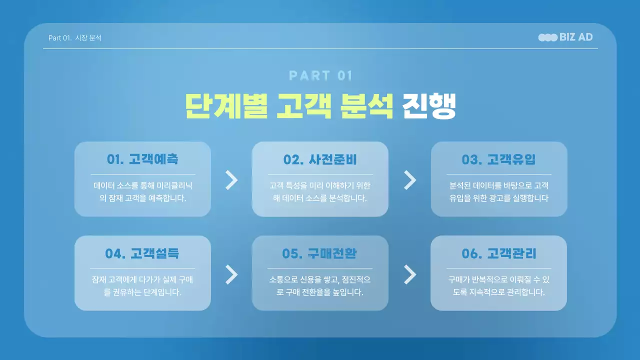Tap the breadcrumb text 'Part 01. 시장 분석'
click(75, 38)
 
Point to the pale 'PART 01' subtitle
click(320, 76)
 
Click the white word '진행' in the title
click(429, 105)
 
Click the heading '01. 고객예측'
click(142, 159)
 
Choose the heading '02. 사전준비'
click(320, 159)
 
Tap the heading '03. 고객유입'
click(498, 159)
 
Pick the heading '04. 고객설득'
click(142, 253)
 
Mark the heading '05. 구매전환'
click(320, 253)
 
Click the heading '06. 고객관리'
click(498, 253)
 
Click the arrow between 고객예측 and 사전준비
click(231, 180)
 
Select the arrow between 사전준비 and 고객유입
click(410, 180)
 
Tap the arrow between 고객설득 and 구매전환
click(231, 274)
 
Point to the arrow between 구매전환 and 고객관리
click(410, 274)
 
